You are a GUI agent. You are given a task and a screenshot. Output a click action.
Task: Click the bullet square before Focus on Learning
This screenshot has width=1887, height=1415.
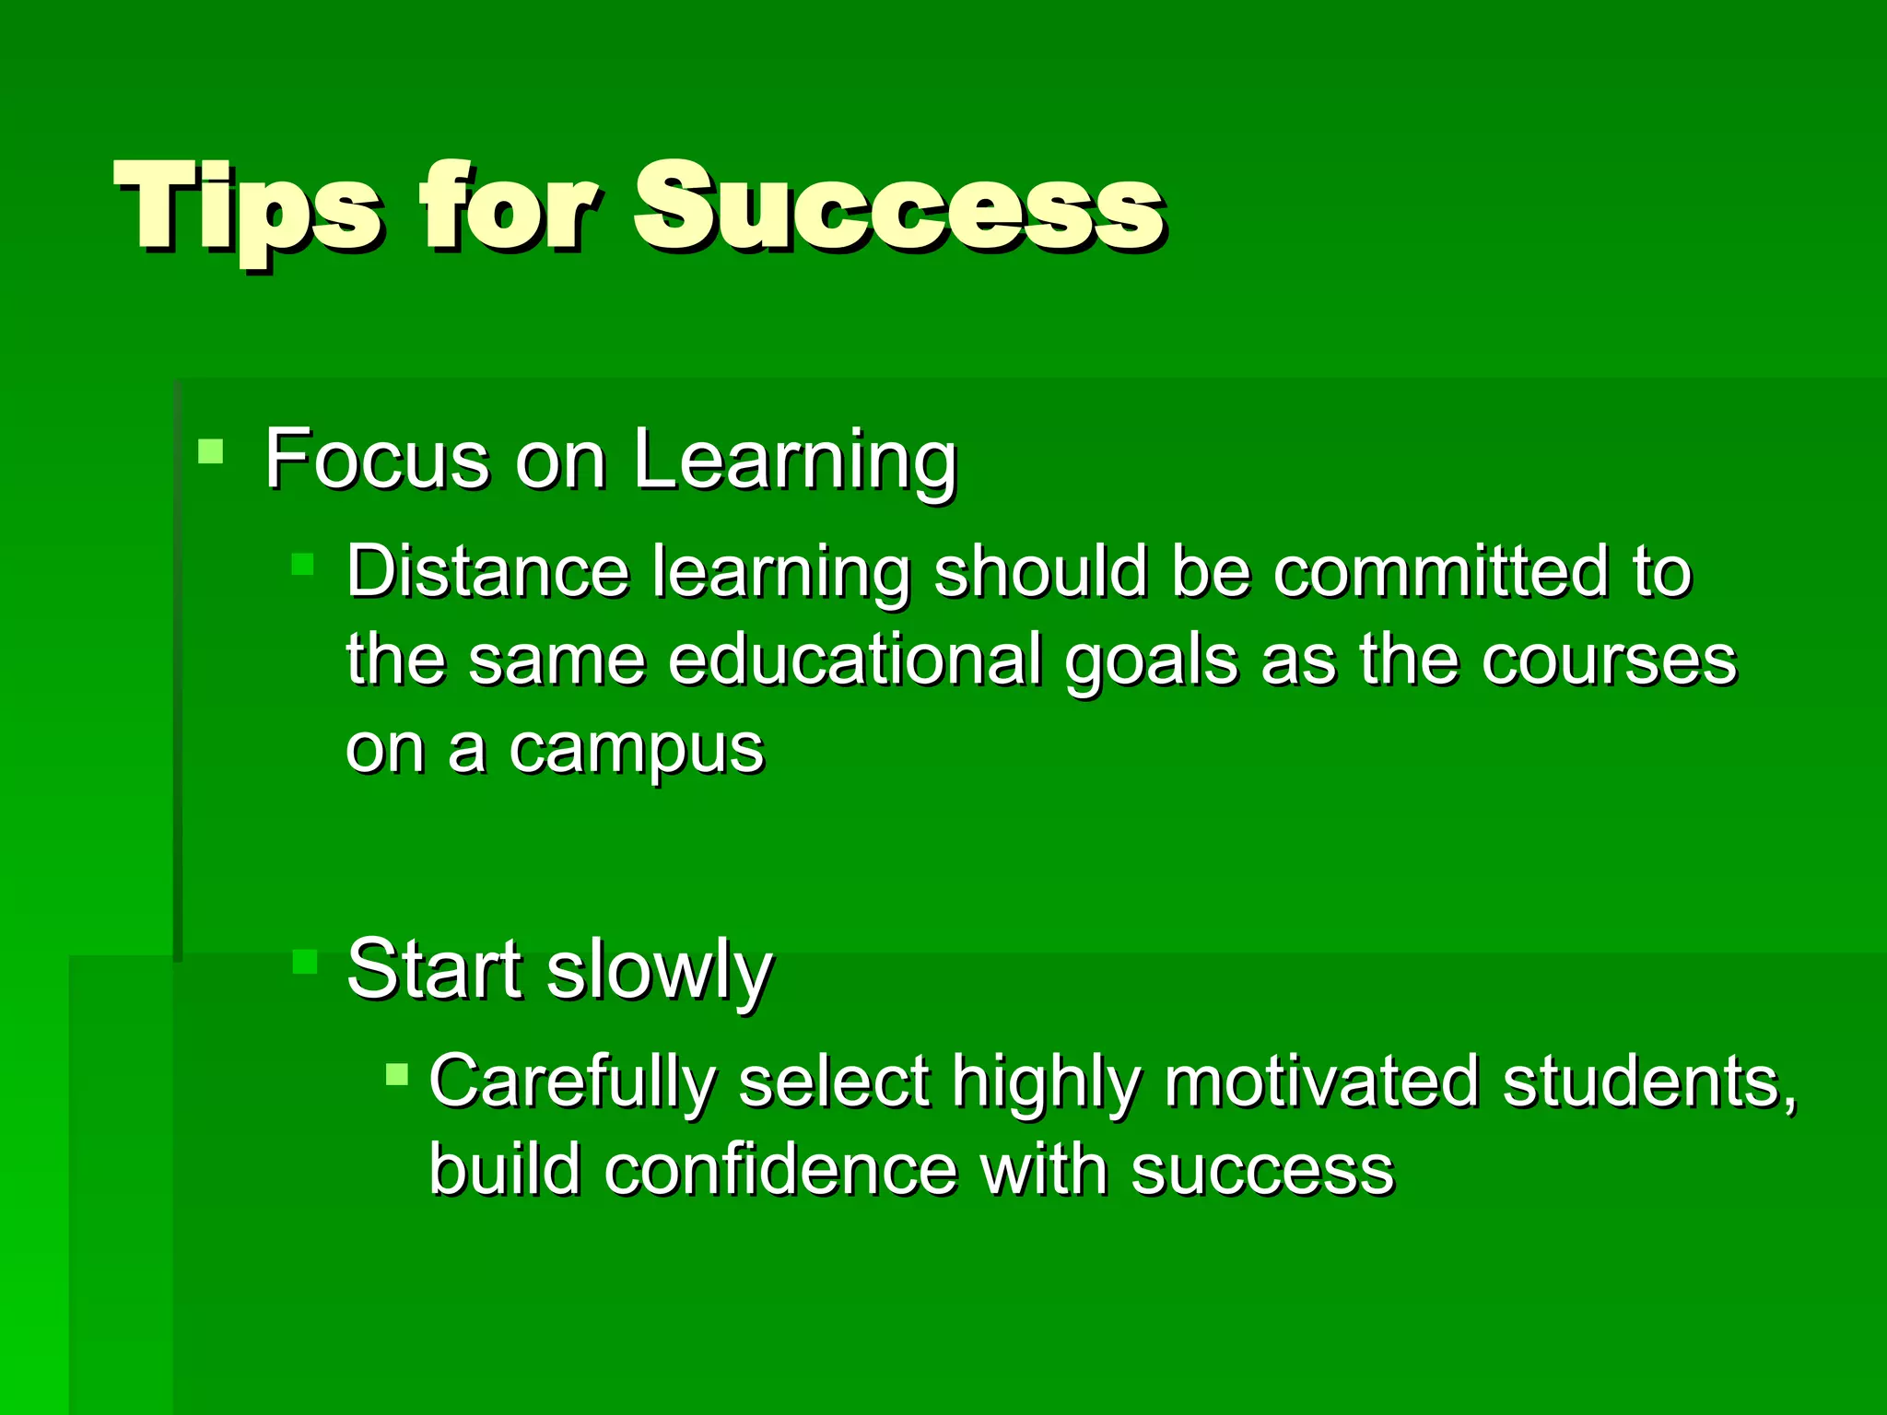tap(211, 451)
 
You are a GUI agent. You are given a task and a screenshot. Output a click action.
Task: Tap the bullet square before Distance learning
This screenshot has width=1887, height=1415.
tap(303, 564)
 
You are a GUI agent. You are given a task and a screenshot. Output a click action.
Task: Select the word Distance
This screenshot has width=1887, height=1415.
tap(487, 571)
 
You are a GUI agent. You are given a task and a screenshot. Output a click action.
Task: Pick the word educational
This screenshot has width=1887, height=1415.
tap(855, 660)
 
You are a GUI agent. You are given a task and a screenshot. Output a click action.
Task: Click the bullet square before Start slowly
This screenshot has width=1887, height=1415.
tap(304, 962)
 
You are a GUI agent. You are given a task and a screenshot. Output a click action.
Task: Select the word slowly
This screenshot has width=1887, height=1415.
tap(659, 972)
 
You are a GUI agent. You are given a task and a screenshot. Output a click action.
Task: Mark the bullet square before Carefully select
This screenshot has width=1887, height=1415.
tap(397, 1074)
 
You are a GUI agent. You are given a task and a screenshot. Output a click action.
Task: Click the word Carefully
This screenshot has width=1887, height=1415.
tap(572, 1082)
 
